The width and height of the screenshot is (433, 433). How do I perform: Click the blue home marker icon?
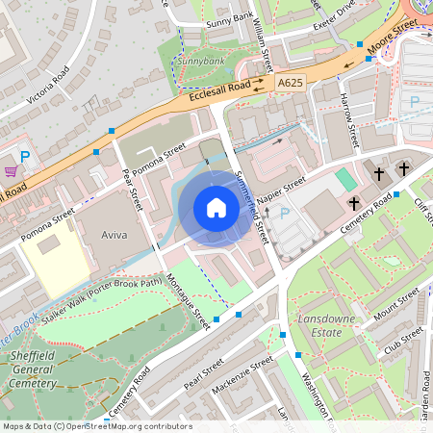point(216,208)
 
